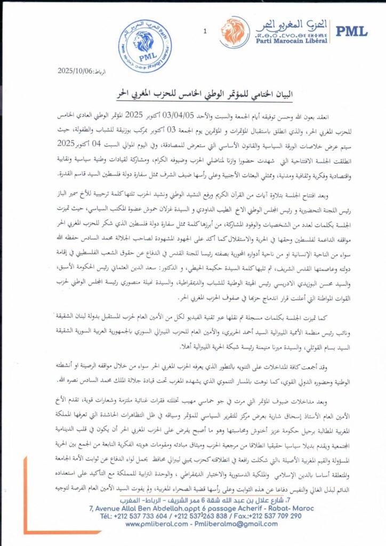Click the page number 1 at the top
[205, 31]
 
